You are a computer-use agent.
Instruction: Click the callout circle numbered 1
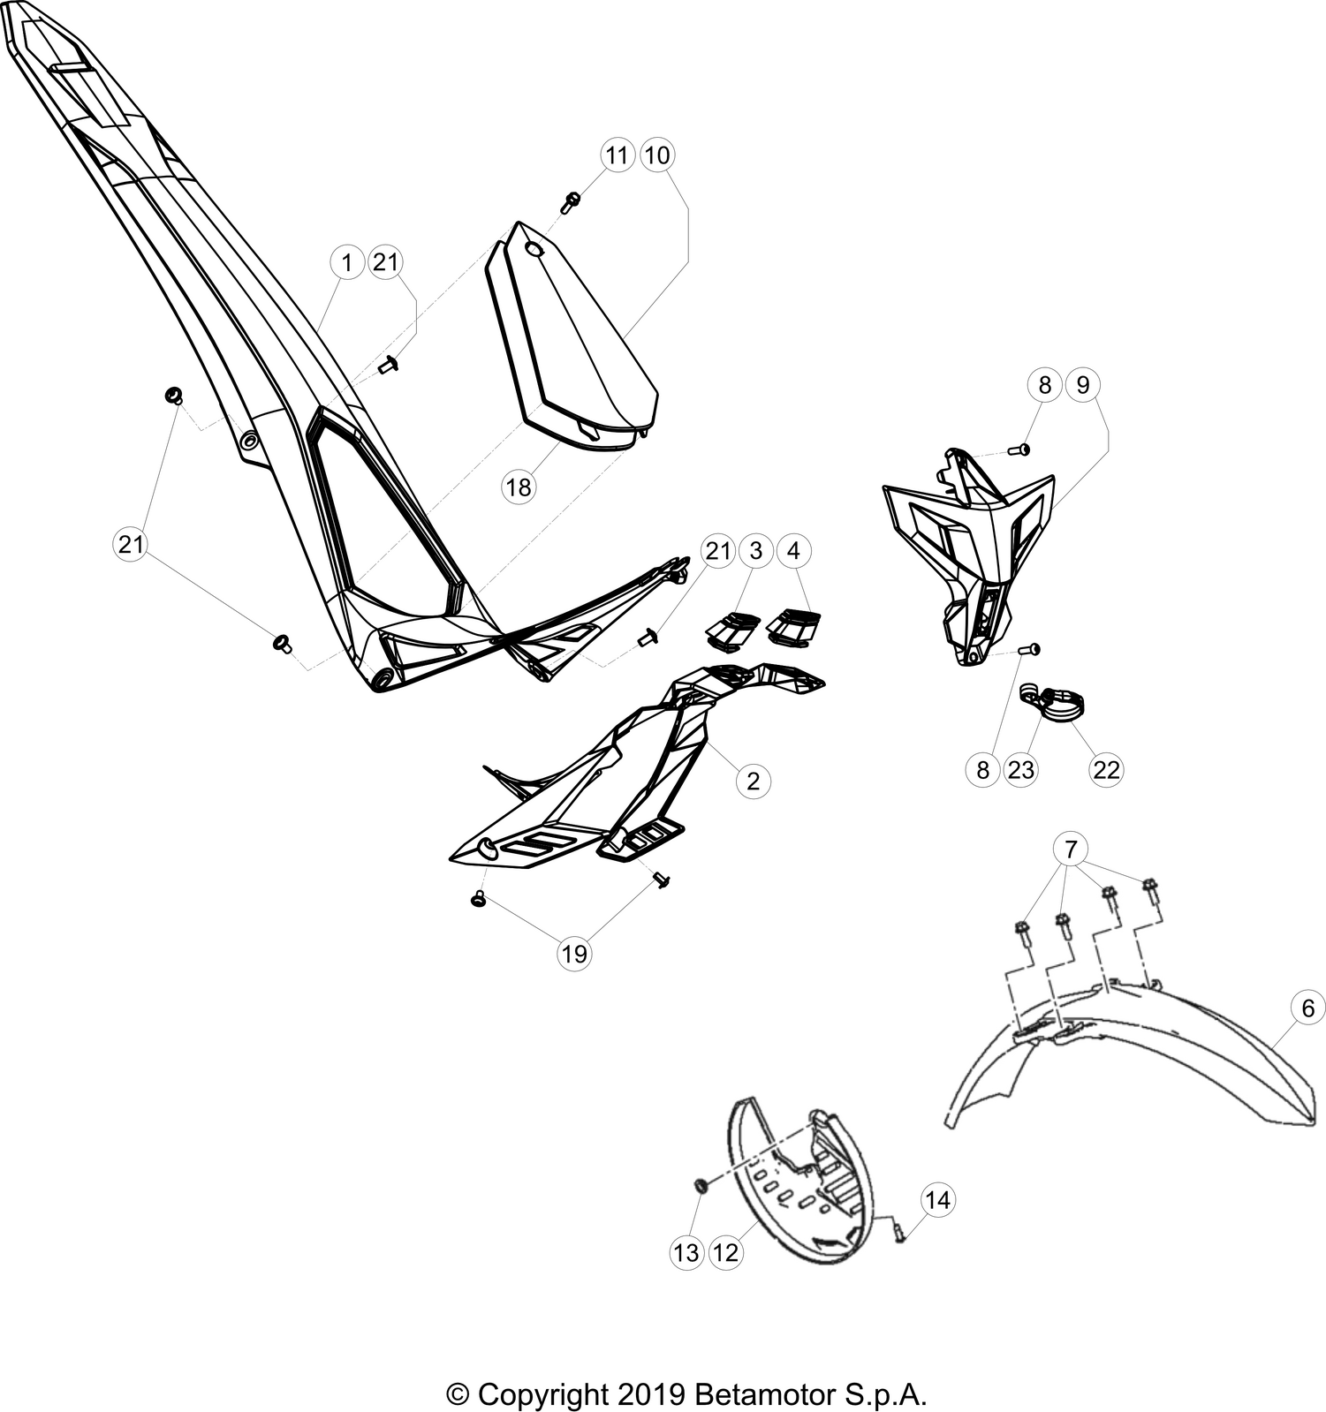[347, 262]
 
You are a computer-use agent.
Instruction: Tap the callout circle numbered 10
[656, 155]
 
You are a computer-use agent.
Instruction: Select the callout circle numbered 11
[617, 155]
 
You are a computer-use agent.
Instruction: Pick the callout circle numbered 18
[519, 487]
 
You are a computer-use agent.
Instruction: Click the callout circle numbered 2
[754, 781]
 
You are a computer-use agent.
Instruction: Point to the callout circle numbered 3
[755, 551]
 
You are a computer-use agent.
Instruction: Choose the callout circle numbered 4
[793, 551]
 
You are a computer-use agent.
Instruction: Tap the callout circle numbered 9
[1083, 385]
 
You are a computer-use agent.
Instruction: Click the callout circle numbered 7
[1071, 850]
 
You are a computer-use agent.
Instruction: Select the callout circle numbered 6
[1307, 1008]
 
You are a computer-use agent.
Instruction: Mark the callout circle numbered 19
[574, 954]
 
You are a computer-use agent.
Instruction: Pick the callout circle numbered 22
[1106, 770]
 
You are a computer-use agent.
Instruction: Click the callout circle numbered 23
[1020, 770]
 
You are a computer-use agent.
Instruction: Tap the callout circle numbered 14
[938, 1200]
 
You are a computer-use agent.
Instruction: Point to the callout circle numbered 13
[686, 1253]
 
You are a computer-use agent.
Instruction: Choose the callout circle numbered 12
[725, 1253]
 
